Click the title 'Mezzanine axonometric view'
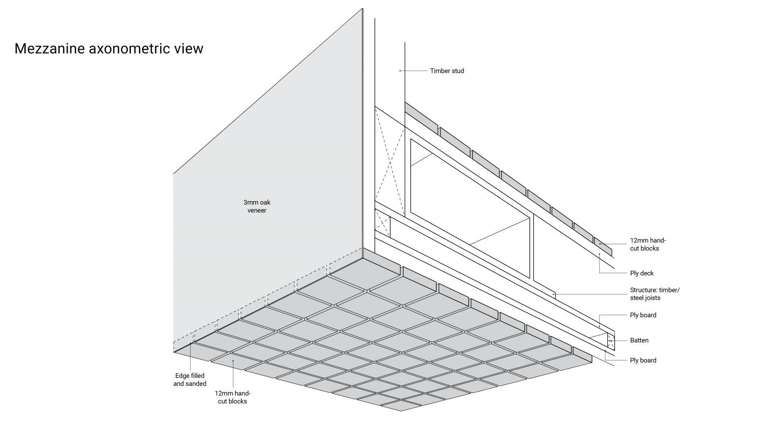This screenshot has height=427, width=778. click(109, 49)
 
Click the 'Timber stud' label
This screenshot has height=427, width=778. click(447, 71)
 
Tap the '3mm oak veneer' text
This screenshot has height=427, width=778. click(257, 206)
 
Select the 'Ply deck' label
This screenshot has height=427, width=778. click(642, 273)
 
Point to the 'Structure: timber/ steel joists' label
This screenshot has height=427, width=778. click(654, 294)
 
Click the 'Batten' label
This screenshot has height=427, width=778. click(639, 341)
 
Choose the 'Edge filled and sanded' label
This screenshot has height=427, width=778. click(190, 379)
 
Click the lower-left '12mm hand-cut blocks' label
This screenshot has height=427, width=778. click(232, 397)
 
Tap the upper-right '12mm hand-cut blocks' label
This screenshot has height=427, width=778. click(648, 244)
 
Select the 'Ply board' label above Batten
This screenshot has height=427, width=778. click(643, 315)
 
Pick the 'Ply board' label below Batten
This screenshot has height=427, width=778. click(643, 360)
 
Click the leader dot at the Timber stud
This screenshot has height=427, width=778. click(400, 71)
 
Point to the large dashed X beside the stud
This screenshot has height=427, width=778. click(390, 160)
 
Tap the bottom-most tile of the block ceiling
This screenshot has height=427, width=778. click(400, 405)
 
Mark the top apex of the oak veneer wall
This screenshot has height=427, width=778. click(363, 9)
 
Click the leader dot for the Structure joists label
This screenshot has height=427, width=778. click(554, 294)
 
